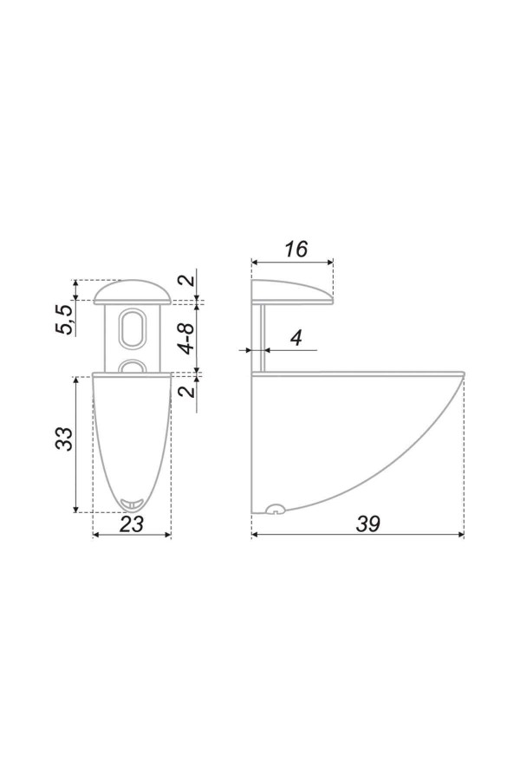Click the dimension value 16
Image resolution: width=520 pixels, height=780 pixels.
(296, 249)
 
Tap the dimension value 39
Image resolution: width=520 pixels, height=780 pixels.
(367, 523)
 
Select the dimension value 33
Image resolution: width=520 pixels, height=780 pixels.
(64, 439)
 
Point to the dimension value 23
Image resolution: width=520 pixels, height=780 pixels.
(132, 523)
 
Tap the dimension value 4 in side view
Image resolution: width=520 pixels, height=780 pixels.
(296, 338)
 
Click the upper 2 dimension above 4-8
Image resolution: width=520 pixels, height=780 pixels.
(187, 279)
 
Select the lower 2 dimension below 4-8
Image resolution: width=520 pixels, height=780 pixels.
(187, 392)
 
